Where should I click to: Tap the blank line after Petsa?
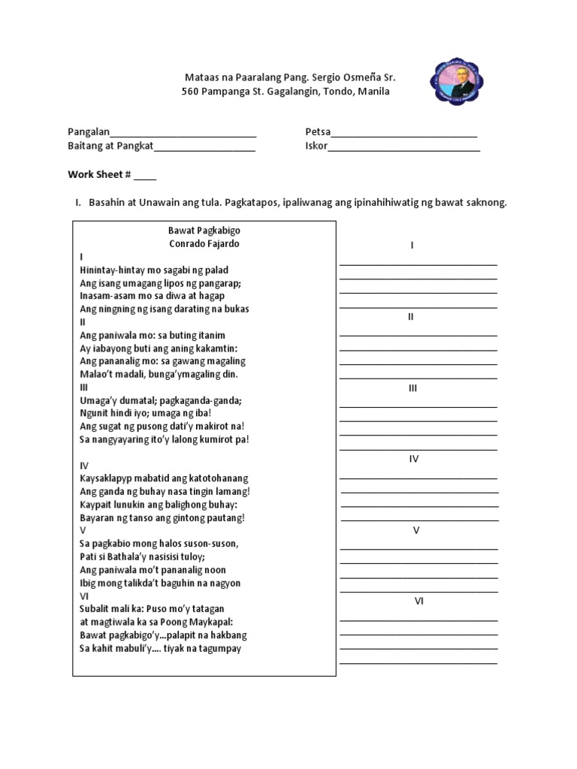(404, 135)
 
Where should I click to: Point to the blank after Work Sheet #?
(146, 177)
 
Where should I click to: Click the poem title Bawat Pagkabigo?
(204, 231)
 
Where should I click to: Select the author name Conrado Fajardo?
(204, 243)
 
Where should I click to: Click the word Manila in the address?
(373, 92)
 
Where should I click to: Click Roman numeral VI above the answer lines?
(418, 602)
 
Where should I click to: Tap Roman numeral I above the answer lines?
(412, 246)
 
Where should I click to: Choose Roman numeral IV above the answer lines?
(414, 459)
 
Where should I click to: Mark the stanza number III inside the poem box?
(84, 387)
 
